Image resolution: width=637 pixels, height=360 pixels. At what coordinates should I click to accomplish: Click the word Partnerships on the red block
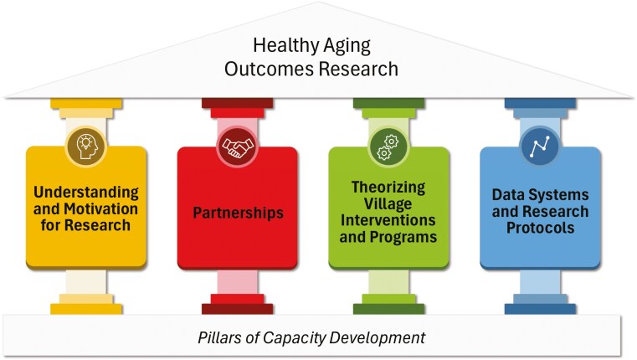[x=238, y=213]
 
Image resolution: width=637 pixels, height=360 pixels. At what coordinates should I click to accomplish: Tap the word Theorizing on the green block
[x=389, y=188]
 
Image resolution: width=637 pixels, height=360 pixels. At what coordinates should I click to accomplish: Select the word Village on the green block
[x=389, y=204]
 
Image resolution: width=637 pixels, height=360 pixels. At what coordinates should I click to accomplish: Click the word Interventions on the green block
[x=389, y=220]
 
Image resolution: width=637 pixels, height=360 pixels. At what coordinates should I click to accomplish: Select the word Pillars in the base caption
[x=221, y=338]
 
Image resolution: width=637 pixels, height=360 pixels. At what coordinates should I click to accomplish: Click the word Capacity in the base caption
[x=304, y=338]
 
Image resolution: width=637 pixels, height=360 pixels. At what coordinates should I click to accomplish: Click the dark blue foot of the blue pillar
[x=540, y=309]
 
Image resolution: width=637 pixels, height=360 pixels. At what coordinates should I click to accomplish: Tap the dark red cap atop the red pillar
[x=238, y=103]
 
